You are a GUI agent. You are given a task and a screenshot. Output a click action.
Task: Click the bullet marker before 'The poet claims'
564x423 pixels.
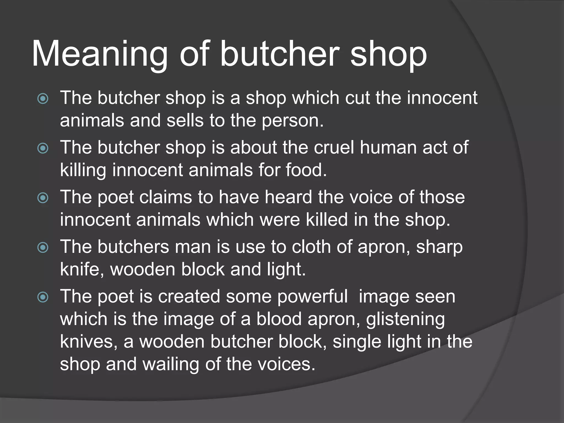coord(43,198)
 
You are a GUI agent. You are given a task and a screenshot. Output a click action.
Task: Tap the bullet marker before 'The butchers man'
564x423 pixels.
coord(43,248)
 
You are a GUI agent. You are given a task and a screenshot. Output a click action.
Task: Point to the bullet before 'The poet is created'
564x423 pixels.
coord(43,297)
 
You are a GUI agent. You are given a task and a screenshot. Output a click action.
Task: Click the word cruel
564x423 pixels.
coord(334,147)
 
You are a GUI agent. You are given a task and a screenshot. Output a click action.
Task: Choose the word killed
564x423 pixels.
coord(327,220)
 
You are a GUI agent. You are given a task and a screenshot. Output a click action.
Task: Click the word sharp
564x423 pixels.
coord(439,247)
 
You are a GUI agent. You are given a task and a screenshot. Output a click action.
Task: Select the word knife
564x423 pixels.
coord(79,269)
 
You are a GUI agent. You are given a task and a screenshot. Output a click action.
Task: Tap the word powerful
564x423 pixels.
coord(312,297)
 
